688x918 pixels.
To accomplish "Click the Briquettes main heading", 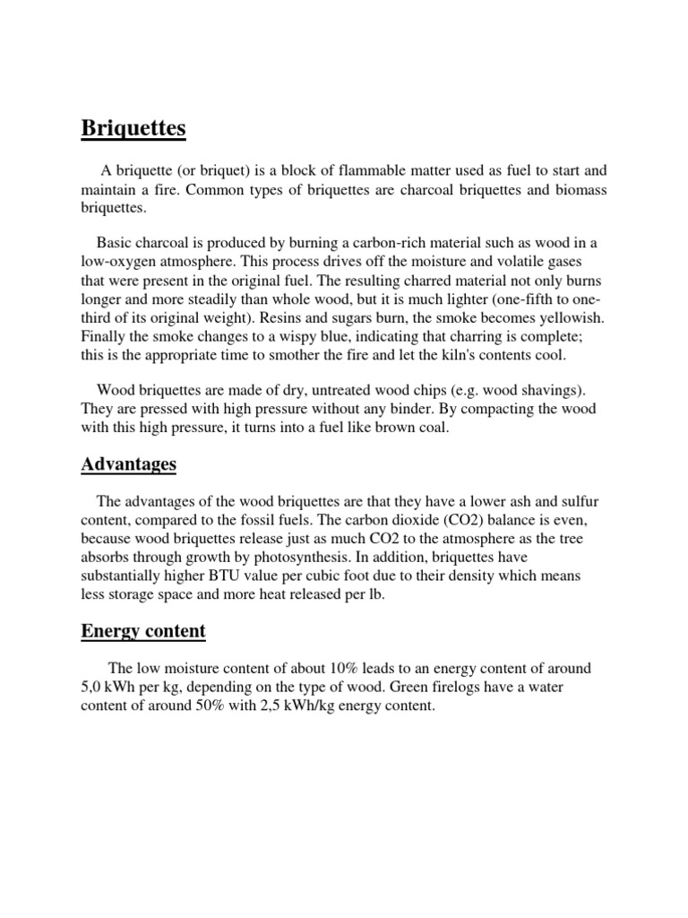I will [x=133, y=129].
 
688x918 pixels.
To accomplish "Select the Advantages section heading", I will [x=128, y=464].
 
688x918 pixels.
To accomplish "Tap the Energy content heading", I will [x=143, y=631].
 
